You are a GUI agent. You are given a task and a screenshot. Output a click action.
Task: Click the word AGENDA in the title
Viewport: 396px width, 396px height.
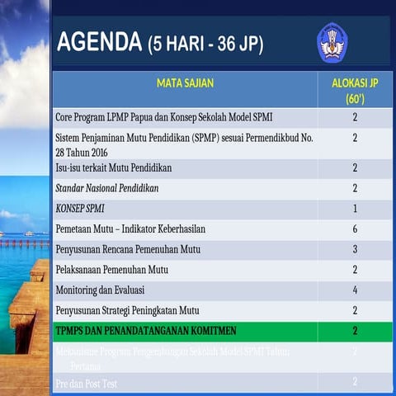(99, 42)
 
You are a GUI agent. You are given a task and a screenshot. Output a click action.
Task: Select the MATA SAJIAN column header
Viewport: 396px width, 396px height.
(185, 82)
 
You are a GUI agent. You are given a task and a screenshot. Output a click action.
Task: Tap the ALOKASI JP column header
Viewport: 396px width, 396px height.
(355, 90)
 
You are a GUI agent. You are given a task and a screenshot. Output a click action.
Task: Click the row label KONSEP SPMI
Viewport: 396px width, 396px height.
(79, 209)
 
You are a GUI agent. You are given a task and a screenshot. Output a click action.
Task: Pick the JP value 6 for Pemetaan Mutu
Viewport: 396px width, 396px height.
(355, 229)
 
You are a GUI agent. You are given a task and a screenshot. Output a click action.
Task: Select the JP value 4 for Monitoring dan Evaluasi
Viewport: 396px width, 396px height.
(355, 290)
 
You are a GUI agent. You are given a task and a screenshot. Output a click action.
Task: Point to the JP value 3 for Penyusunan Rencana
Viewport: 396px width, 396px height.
(355, 249)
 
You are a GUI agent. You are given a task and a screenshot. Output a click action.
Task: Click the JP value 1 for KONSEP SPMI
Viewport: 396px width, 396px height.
(355, 209)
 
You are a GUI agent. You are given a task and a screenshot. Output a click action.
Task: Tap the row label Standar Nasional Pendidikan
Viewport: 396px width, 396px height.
(106, 188)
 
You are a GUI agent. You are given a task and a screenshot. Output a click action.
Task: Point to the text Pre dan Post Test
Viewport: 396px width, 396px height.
(87, 384)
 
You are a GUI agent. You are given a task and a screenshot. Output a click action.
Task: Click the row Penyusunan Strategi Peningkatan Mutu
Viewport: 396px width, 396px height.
(127, 311)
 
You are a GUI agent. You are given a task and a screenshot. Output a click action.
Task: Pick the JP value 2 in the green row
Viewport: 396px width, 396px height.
(355, 331)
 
